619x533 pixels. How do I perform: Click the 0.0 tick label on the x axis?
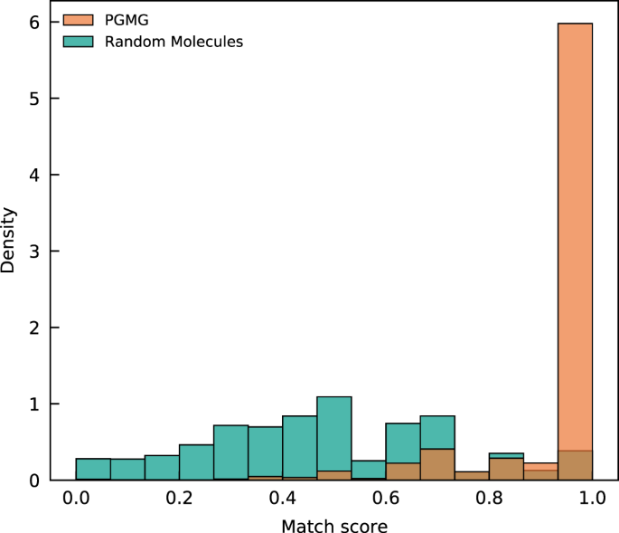pos(76,498)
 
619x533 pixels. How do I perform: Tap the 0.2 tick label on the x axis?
pos(179,498)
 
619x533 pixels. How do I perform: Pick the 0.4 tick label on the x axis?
pos(283,498)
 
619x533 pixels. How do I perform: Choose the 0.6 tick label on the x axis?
pos(386,498)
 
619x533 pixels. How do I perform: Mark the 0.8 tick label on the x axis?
pos(489,498)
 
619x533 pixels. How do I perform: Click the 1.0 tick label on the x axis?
pos(592,498)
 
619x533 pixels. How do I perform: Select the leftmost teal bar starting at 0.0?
pos(93,469)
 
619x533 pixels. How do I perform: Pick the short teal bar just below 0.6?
pos(369,470)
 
